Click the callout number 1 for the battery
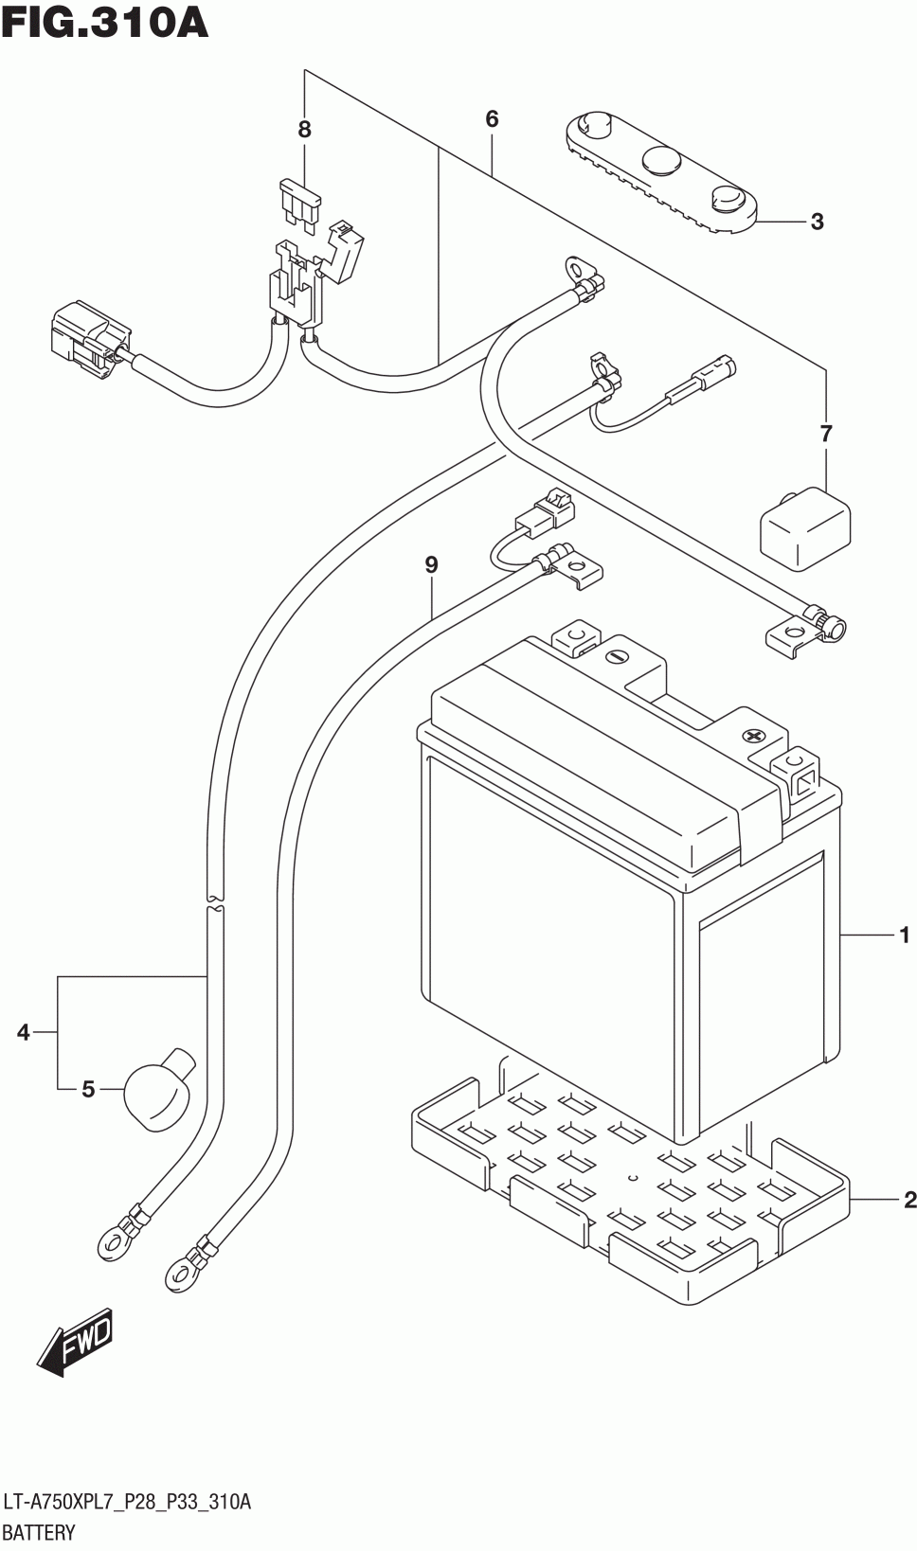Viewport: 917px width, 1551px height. tap(904, 936)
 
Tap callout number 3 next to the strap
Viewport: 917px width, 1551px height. tap(818, 222)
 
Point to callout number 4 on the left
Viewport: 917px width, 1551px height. tap(24, 1032)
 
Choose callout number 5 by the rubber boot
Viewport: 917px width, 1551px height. tap(88, 1089)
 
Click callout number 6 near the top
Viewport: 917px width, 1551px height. tap(492, 119)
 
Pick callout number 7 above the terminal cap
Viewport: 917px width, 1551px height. tap(825, 434)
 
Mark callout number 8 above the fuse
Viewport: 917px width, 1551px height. tap(305, 130)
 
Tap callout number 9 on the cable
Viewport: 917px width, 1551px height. tap(431, 565)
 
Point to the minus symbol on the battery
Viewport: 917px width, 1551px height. tap(615, 656)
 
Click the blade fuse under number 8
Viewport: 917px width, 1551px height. tap(299, 203)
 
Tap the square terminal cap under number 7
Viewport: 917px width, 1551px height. tap(805, 529)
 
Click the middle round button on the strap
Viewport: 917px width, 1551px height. tap(661, 161)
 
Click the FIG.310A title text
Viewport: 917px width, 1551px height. tap(104, 23)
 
